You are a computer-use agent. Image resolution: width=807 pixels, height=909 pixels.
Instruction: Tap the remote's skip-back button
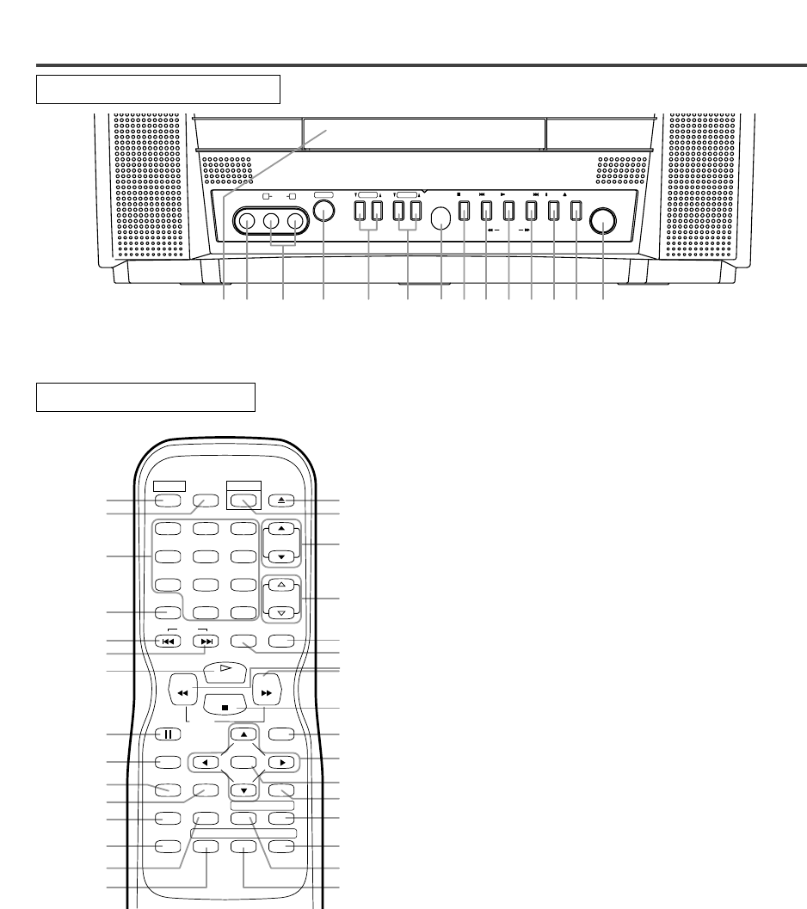168,641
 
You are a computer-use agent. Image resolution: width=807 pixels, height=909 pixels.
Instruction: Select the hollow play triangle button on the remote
223,669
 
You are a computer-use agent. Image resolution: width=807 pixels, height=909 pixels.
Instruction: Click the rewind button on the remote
182,691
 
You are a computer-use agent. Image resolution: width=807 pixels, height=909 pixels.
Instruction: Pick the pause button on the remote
168,735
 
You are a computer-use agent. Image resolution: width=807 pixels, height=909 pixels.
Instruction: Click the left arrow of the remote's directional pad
205,762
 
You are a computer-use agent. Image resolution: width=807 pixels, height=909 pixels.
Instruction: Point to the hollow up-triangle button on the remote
281,585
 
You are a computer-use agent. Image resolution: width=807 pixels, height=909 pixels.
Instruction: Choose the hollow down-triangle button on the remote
281,613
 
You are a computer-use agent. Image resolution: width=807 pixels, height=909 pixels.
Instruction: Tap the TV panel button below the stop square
464,211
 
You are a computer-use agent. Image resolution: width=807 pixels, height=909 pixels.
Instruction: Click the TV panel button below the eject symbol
576,211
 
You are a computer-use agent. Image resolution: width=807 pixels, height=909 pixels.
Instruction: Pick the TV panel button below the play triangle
508,211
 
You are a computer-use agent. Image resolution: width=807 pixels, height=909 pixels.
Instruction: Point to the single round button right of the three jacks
323,213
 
